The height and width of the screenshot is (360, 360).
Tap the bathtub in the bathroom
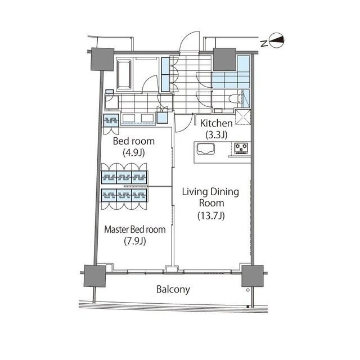tap(124, 74)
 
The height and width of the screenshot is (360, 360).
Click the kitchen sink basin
tap(206, 149)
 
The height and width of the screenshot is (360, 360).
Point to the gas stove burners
tap(242, 148)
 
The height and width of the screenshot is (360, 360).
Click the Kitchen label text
tap(213, 123)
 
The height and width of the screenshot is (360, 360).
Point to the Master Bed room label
tap(135, 229)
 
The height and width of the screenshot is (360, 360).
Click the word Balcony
tap(173, 290)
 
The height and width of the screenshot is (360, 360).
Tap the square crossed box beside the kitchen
tap(244, 118)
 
